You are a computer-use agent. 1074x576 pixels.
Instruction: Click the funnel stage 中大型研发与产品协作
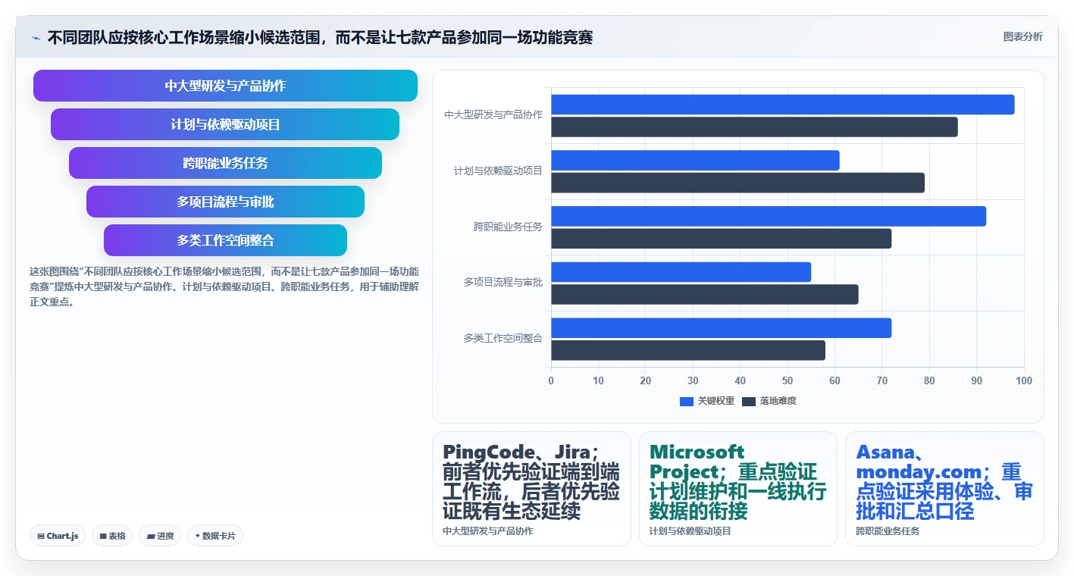coord(225,86)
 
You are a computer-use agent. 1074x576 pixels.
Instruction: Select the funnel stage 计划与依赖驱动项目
coord(225,124)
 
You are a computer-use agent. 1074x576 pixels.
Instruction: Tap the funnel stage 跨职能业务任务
coord(225,163)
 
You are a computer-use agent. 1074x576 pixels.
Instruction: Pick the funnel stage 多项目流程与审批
coord(225,202)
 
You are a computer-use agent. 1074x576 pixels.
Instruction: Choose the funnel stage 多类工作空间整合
coord(225,240)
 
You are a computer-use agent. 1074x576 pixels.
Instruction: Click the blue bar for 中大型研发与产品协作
coord(782,105)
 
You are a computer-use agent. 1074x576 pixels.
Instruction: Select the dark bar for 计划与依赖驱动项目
coord(738,183)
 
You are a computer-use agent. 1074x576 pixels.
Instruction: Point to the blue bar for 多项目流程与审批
coord(681,272)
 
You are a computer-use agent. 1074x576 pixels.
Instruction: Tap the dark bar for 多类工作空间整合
coord(688,350)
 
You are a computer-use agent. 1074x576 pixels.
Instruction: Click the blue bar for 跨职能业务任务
coord(769,216)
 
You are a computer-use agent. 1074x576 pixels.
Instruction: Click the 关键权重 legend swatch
coord(687,402)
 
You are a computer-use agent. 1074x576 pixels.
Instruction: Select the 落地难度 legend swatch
coord(749,402)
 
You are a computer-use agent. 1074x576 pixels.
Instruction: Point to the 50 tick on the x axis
coord(787,380)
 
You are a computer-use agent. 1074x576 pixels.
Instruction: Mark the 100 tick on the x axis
coord(1024,380)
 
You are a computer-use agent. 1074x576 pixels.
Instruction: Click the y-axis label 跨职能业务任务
coord(508,227)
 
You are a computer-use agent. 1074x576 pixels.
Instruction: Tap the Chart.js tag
coord(58,536)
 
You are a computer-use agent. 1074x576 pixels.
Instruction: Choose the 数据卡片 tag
coord(215,536)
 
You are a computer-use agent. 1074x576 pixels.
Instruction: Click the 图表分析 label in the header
coord(1022,37)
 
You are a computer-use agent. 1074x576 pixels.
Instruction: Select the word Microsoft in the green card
coord(697,452)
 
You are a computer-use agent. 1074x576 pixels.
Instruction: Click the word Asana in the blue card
coord(885,452)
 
